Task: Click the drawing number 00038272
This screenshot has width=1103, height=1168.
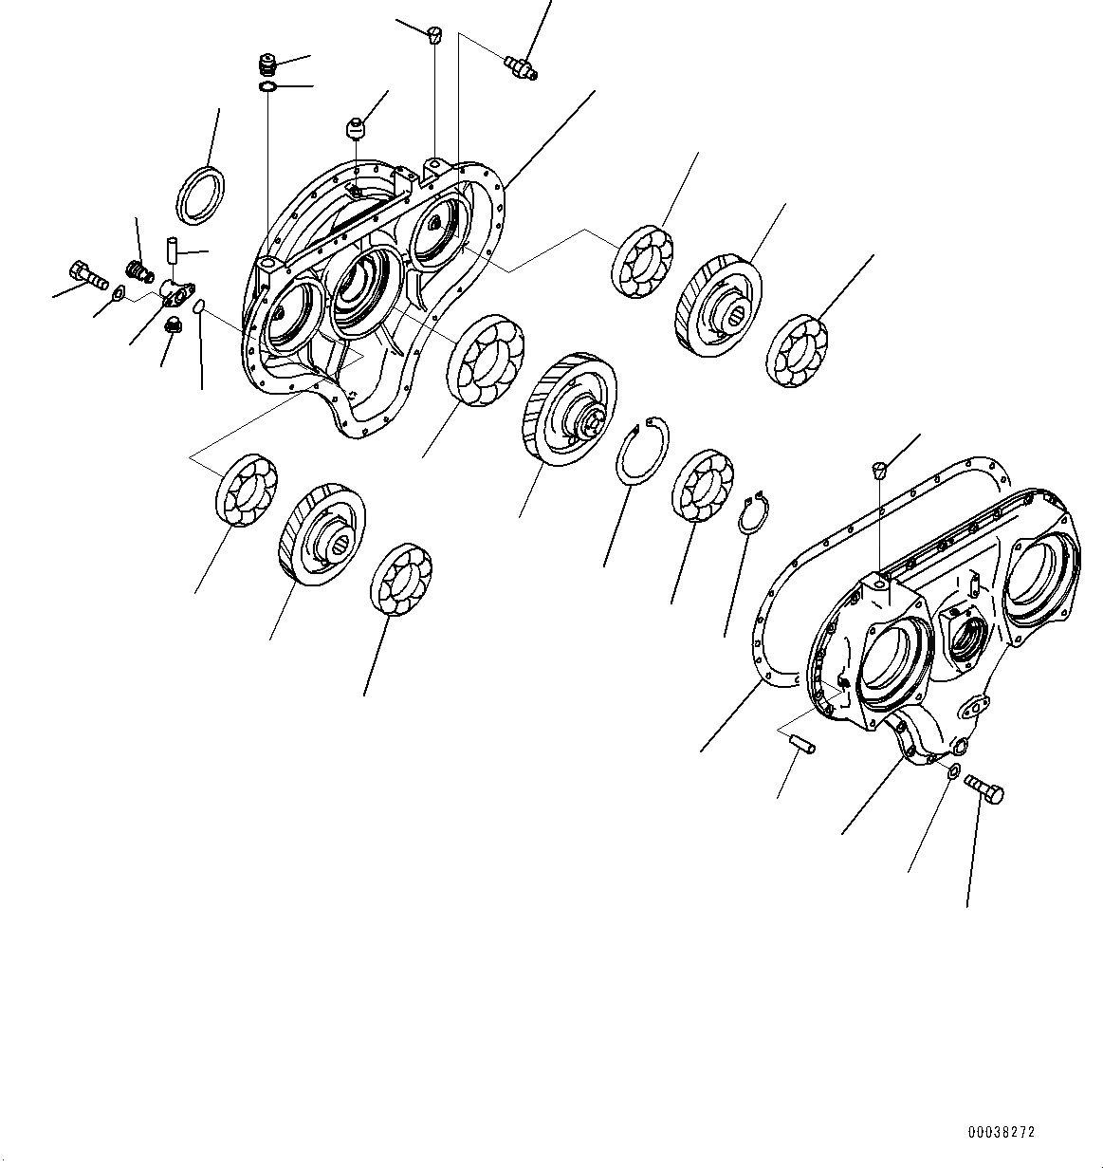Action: (x=1001, y=1132)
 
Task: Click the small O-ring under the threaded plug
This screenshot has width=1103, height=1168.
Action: (x=268, y=88)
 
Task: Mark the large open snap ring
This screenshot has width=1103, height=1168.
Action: (x=645, y=452)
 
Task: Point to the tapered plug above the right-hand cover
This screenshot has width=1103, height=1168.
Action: (x=879, y=468)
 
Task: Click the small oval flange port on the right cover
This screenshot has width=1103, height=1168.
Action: (x=976, y=703)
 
